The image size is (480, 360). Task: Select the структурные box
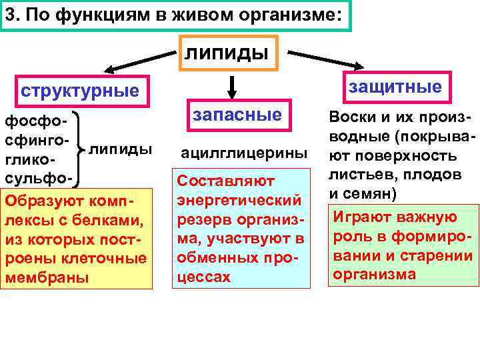coord(80,90)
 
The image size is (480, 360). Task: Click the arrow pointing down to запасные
coord(231,86)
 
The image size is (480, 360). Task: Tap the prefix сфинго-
coord(37,142)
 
